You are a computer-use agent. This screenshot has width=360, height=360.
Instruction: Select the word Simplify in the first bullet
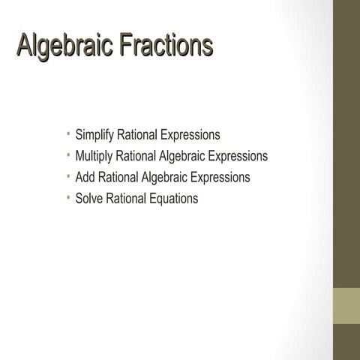94,136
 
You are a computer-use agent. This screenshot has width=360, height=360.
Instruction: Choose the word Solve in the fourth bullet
89,199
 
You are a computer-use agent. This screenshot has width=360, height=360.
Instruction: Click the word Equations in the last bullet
172,199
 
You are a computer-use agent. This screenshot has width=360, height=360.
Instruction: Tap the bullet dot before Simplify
67,135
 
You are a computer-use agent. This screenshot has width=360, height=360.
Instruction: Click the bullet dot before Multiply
67,156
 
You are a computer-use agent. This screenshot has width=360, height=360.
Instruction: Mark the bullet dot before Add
67,177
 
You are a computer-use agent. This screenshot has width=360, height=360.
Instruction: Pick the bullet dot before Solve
67,198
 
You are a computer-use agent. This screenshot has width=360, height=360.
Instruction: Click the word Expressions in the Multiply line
238,157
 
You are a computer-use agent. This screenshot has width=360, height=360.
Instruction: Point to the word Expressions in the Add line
220,178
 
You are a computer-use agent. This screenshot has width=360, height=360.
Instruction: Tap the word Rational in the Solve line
126,199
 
